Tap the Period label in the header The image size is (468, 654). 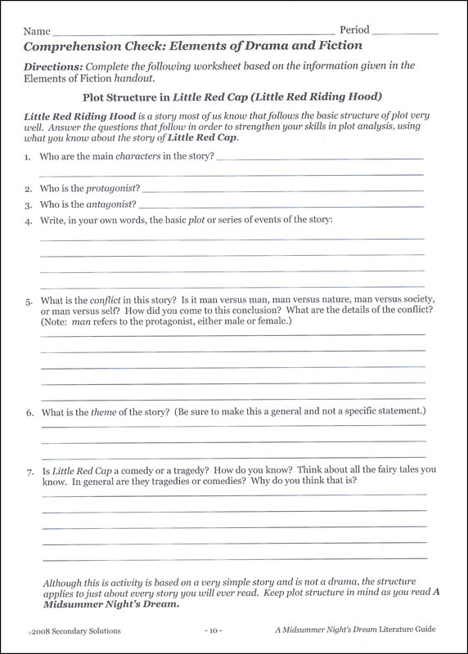pyautogui.click(x=354, y=29)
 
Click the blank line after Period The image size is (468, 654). pyautogui.click(x=406, y=33)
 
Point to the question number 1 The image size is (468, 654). pyautogui.click(x=28, y=156)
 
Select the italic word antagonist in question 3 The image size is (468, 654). pyautogui.click(x=111, y=204)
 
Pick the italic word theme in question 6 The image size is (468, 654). pyautogui.click(x=102, y=412)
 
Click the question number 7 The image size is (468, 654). pyautogui.click(x=29, y=471)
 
